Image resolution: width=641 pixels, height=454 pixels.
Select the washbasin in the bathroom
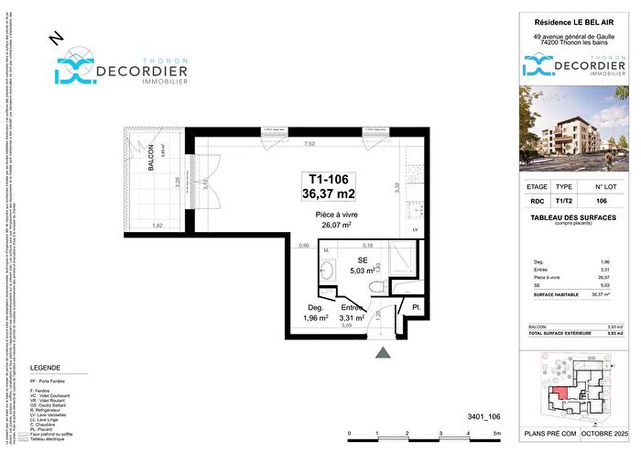point(328,272)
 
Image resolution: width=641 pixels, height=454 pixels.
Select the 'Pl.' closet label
point(415,309)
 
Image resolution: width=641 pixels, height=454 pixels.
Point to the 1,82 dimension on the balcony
point(157,226)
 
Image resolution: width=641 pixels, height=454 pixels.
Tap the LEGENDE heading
point(46,366)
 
